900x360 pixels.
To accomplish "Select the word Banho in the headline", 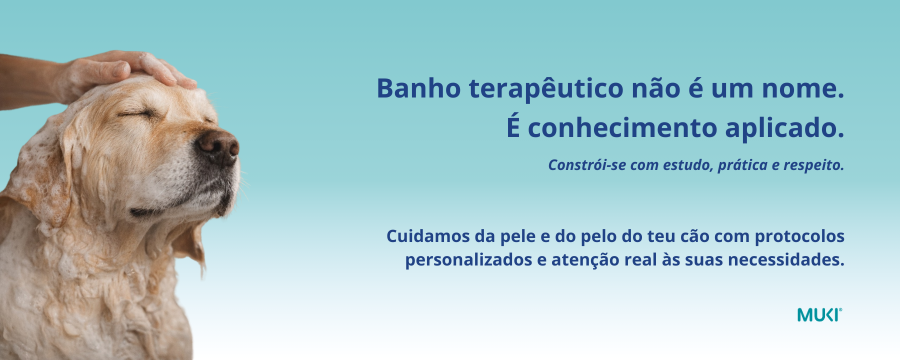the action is [x=418, y=88].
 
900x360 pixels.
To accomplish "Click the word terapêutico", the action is [x=546, y=89].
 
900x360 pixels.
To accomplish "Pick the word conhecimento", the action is [x=622, y=128].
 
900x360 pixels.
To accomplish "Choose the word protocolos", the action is [x=799, y=236].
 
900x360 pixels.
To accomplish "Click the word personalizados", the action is [x=468, y=260].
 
